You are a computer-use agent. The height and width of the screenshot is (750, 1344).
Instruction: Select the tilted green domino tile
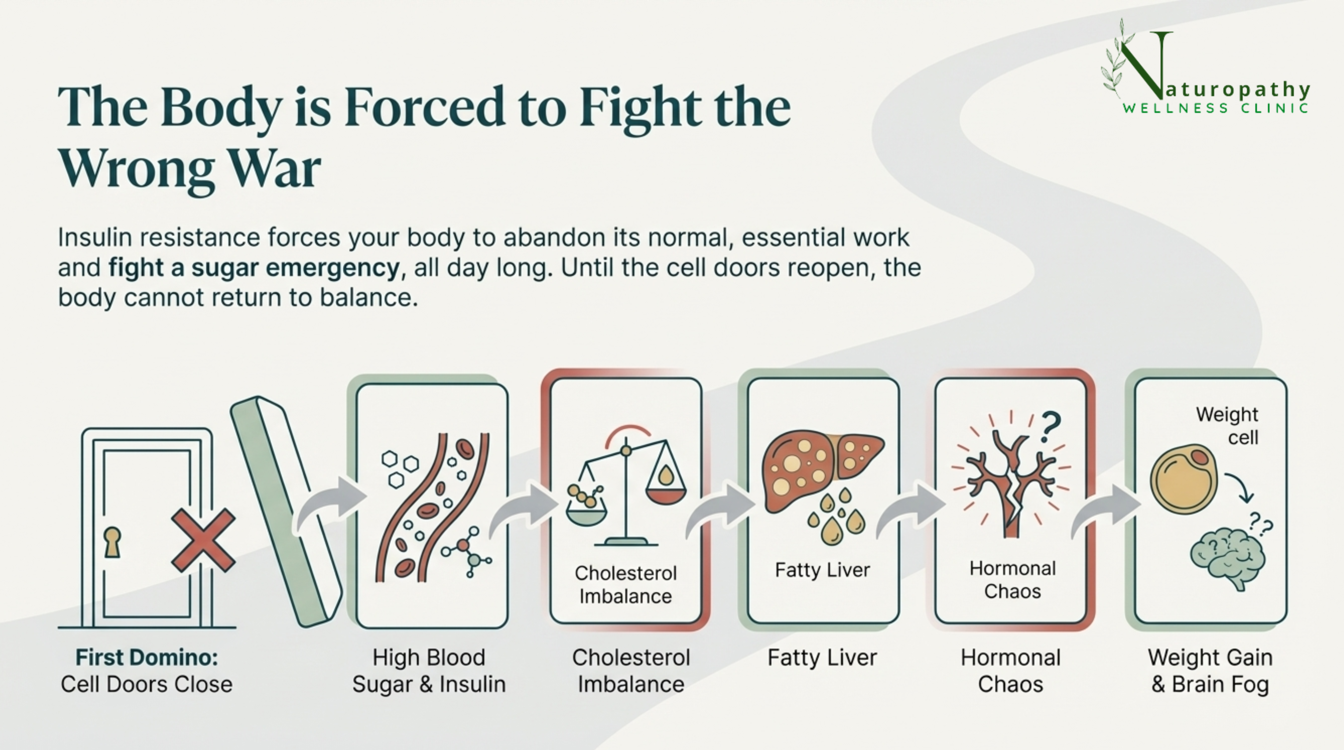pos(286,511)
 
